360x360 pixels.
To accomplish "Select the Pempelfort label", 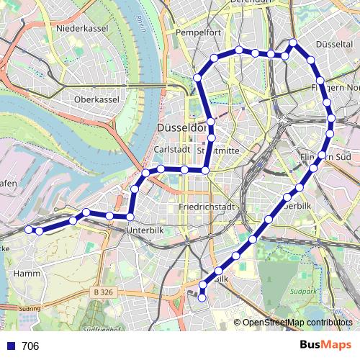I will pos(198,33).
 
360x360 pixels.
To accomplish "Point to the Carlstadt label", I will pos(171,149).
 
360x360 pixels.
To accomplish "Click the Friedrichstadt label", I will pos(207,207).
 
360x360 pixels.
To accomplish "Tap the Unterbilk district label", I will pos(146,230).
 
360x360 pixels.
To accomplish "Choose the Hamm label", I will pos(27,273).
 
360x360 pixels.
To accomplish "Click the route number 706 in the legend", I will pos(30,346).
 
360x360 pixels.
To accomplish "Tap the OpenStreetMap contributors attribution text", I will pos(297,323).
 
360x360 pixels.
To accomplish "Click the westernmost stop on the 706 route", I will pos(30,230).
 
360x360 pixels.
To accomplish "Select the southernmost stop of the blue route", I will pos(202,297).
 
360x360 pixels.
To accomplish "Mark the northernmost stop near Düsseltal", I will pos(293,43).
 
